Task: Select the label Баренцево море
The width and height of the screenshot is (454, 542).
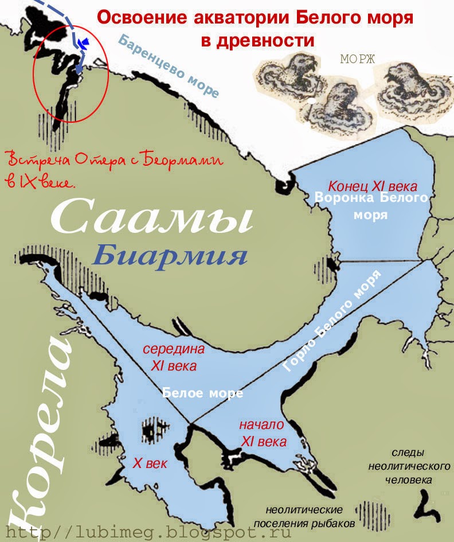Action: coord(170,66)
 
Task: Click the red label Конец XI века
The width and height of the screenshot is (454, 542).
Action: coord(373,187)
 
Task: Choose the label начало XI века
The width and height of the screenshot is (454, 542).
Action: coord(262,434)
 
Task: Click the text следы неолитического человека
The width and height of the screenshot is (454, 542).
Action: coord(408,466)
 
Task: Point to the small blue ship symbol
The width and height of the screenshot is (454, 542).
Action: coord(85,42)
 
